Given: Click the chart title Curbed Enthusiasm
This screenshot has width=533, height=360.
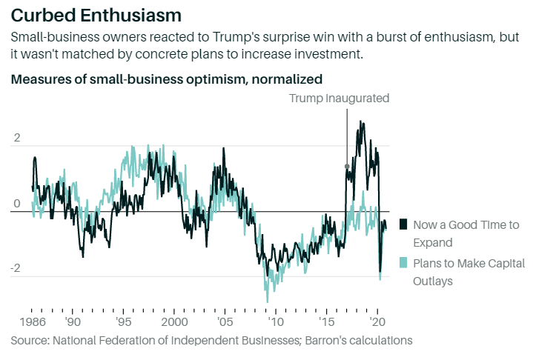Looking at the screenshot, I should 96,14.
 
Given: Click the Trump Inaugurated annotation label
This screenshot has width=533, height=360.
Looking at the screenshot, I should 339,99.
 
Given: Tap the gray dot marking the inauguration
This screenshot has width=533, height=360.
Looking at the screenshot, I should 347,167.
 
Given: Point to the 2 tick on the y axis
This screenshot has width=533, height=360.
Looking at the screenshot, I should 16,139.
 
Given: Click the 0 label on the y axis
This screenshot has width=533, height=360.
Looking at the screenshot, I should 16,204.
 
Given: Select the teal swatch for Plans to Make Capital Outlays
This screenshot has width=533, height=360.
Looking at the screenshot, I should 403,263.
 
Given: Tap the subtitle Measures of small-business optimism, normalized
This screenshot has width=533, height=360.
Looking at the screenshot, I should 167,79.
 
